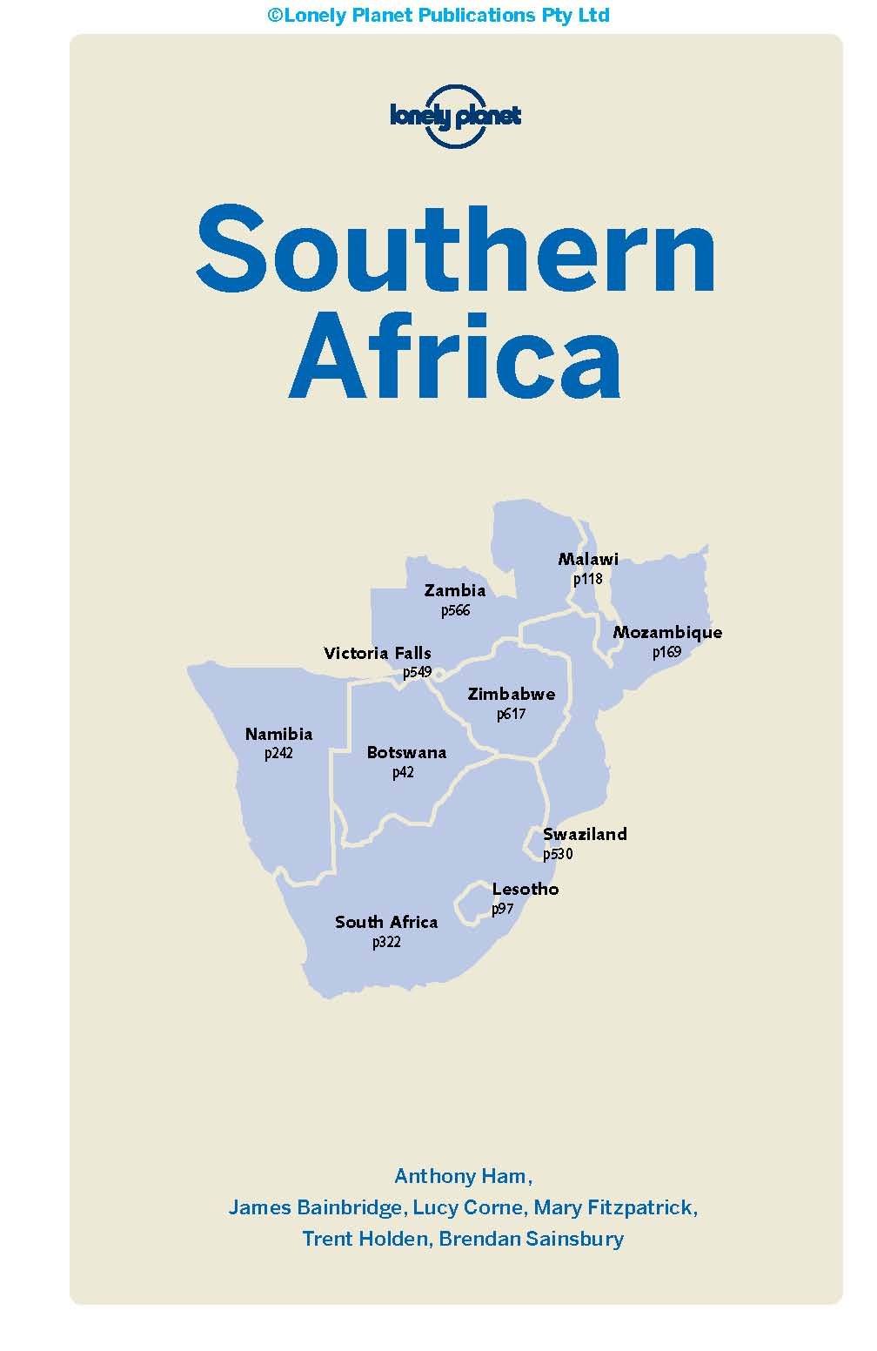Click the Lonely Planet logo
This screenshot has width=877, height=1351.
(x=455, y=117)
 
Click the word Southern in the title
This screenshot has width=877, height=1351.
(x=456, y=250)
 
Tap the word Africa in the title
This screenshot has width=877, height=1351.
(x=455, y=358)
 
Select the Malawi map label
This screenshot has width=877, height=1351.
(x=588, y=559)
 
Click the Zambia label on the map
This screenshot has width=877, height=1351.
(x=455, y=590)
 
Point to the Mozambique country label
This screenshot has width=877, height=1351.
(x=667, y=632)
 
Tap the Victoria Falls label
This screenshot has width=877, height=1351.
(x=378, y=653)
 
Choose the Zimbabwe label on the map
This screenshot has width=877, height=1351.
(x=512, y=694)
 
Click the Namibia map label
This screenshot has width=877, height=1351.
(x=278, y=734)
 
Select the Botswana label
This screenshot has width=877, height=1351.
(x=406, y=752)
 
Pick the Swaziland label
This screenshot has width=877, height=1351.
(x=585, y=834)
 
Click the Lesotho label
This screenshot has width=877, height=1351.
(x=526, y=889)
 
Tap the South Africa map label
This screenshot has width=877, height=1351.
(x=386, y=922)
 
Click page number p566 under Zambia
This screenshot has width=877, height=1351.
(x=455, y=610)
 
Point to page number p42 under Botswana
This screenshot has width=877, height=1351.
(x=403, y=772)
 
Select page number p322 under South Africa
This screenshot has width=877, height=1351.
(x=386, y=942)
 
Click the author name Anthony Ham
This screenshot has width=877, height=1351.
(x=461, y=1176)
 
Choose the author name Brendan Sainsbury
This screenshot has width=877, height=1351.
(x=532, y=1238)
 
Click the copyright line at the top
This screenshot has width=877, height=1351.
(x=438, y=15)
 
